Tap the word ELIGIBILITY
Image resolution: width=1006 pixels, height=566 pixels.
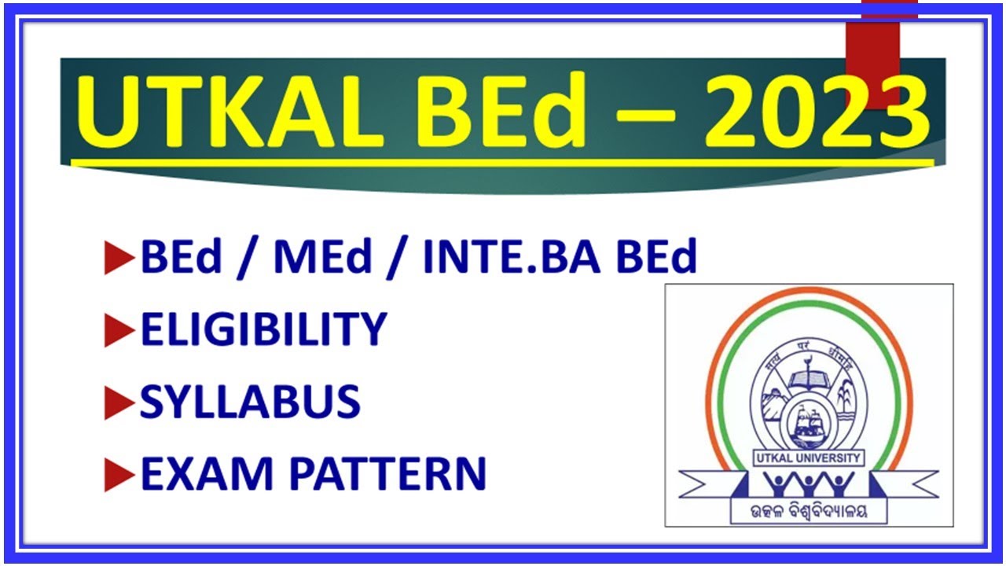coord(263,329)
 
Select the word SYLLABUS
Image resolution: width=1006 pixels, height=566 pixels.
coord(250,402)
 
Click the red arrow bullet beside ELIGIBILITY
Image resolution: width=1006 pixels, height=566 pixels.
coord(119,332)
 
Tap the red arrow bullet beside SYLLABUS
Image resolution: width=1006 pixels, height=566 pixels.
coord(119,404)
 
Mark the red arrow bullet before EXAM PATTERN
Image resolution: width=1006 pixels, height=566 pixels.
coord(119,475)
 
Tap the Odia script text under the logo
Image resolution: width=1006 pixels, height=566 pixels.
coord(810,512)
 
